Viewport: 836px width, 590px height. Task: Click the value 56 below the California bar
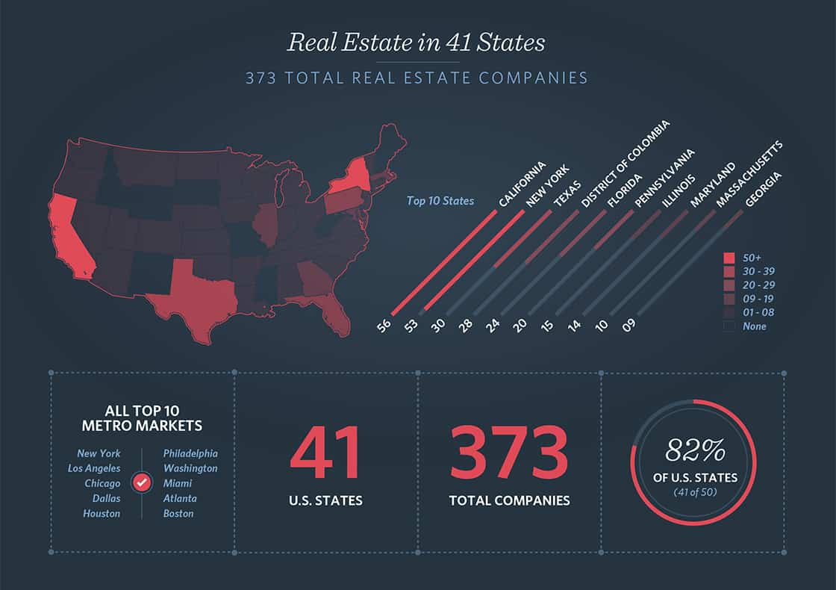384,326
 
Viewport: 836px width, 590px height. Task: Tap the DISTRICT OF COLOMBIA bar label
626,163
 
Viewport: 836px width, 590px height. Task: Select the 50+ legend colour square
729,258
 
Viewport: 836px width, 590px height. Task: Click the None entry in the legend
754,326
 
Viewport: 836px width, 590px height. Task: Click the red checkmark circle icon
142,483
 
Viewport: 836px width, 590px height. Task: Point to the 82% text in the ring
694,450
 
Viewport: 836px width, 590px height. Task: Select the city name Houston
102,514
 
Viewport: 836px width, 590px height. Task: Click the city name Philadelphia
190,453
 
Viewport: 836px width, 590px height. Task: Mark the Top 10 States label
440,200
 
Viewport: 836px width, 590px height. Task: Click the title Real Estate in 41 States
417,42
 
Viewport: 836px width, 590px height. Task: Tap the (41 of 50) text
694,492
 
